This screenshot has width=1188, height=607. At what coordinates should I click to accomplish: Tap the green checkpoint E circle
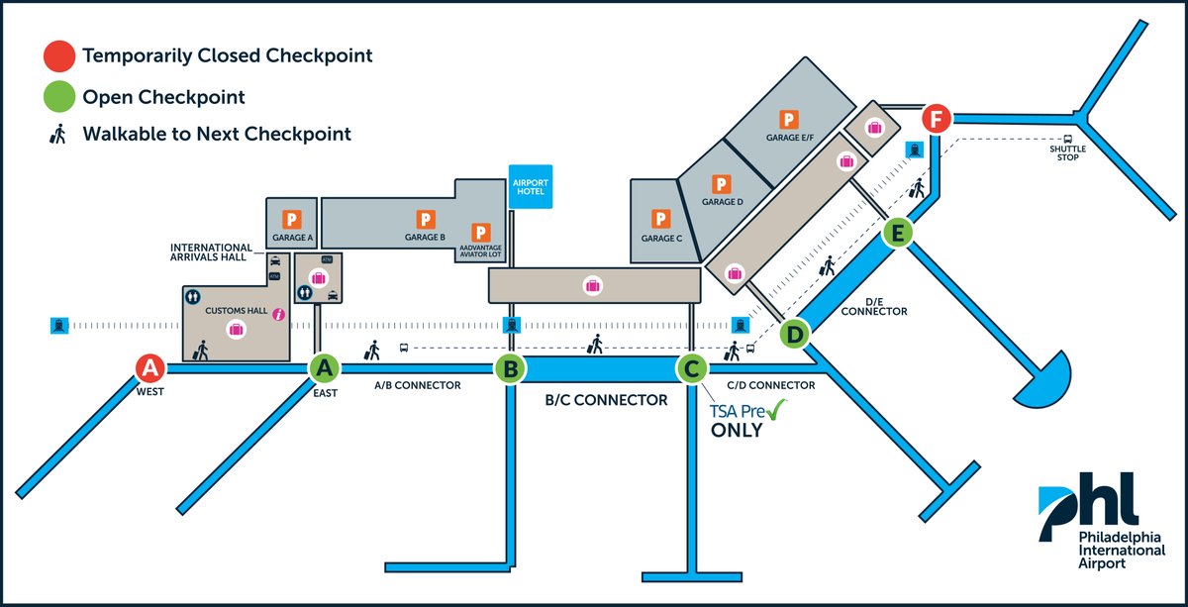(897, 234)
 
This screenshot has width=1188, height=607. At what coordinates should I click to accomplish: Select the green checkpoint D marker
(794, 334)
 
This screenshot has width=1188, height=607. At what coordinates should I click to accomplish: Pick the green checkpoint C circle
(691, 369)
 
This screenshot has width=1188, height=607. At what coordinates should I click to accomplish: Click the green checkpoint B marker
(510, 369)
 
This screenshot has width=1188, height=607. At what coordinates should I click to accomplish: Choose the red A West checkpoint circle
(149, 368)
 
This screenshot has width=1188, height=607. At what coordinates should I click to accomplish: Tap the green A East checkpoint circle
(325, 368)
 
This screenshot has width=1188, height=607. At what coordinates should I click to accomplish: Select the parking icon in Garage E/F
(789, 120)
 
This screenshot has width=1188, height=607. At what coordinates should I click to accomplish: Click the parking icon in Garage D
(722, 184)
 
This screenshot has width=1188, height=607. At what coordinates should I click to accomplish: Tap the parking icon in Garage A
(293, 218)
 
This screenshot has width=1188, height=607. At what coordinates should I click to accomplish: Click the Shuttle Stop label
(1068, 153)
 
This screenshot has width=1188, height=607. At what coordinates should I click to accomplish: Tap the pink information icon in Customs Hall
(279, 315)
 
